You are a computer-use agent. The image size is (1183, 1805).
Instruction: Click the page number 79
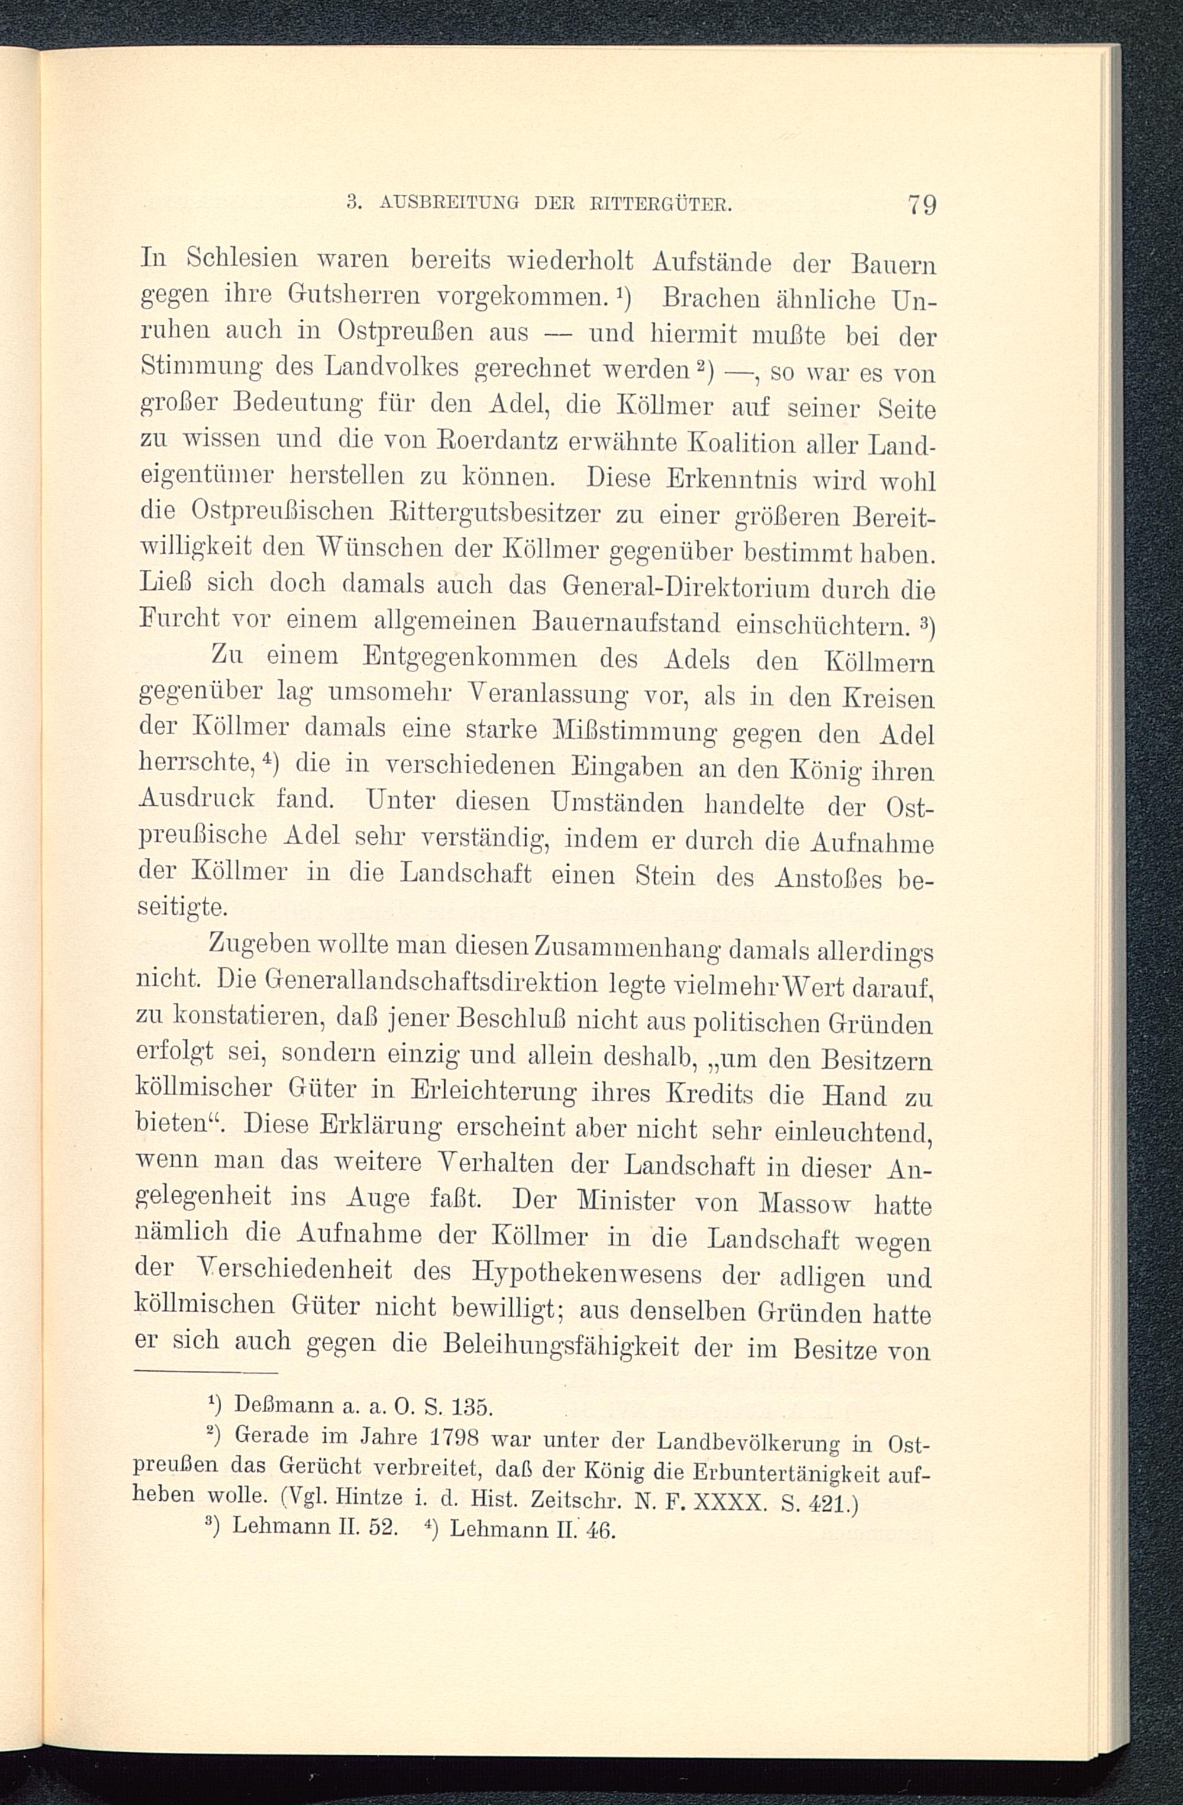[920, 205]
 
